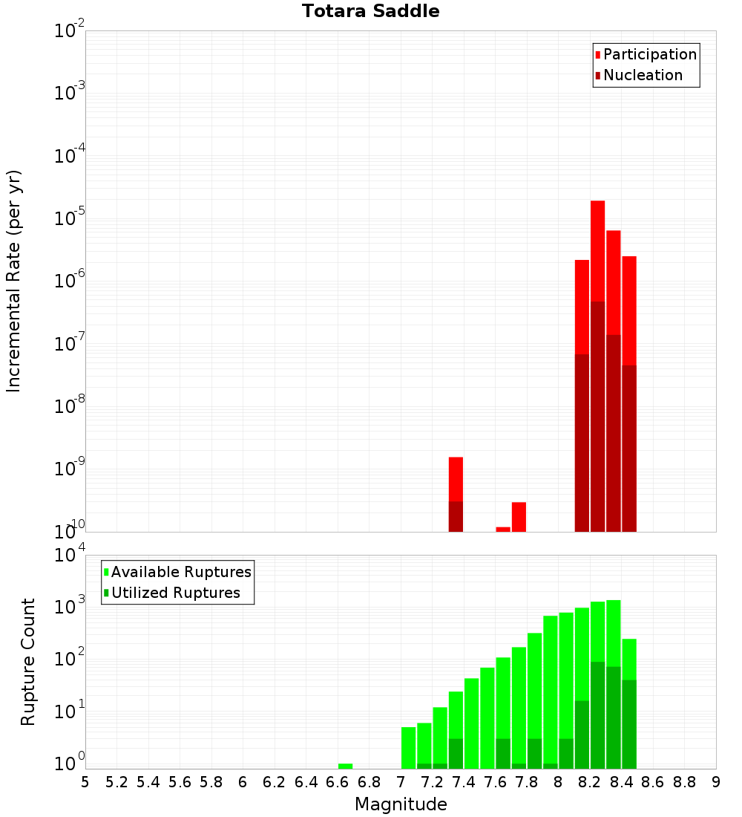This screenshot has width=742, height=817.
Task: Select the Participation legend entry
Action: coord(646,54)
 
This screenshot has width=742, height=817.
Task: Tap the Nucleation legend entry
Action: coord(639,75)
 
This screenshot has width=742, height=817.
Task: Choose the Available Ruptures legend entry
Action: coord(177,572)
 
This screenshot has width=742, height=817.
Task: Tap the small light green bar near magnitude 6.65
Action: coord(345,766)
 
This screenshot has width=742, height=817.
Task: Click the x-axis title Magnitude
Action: coord(401,804)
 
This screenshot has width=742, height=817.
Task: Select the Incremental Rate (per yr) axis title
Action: coord(14,281)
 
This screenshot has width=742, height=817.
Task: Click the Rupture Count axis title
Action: coord(28,662)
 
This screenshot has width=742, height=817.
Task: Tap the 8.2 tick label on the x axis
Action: coord(590,782)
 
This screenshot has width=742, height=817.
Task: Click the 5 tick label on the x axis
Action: coord(85,782)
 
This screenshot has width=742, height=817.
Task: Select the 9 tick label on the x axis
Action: coord(716,782)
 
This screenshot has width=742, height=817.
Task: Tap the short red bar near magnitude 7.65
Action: coord(503,530)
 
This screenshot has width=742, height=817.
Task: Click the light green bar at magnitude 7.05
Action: coord(408,748)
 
